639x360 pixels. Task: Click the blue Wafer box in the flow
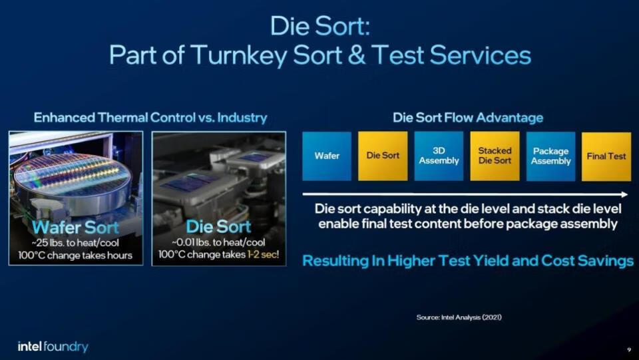click(x=327, y=156)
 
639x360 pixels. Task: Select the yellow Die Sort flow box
click(x=383, y=156)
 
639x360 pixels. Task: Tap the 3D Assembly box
click(x=439, y=156)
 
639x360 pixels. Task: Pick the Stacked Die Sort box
click(x=495, y=156)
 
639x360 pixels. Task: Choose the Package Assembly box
click(x=550, y=156)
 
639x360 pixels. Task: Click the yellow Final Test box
click(x=606, y=156)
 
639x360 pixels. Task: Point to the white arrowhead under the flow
click(x=624, y=194)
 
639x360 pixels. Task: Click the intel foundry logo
click(x=53, y=347)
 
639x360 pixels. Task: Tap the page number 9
click(x=629, y=349)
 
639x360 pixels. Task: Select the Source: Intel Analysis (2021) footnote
click(x=459, y=317)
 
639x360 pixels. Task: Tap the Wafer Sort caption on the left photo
click(x=75, y=227)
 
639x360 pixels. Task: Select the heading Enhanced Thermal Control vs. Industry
click(x=150, y=118)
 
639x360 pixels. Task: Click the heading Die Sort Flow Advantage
click(x=468, y=118)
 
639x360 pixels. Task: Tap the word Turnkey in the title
click(x=239, y=55)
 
